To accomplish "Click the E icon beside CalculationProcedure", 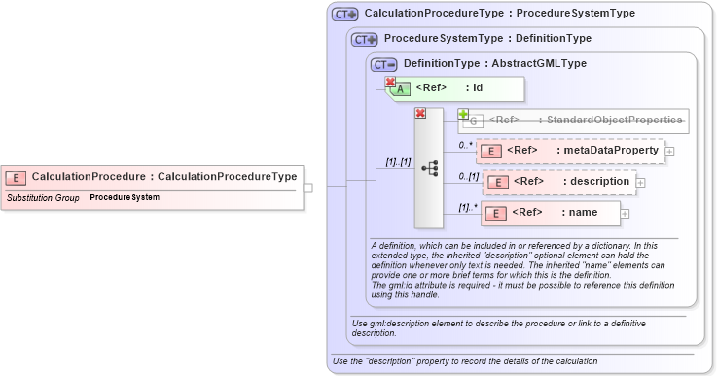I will click(16, 177).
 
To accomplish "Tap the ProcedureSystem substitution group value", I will click(125, 197).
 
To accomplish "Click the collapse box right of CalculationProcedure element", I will click(307, 188).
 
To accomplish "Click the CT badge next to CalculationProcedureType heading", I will click(345, 15).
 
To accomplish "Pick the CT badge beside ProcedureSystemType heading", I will click(365, 39).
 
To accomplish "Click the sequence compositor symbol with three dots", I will click(429, 168).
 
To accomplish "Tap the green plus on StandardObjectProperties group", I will click(463, 114).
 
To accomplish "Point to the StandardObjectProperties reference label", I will click(585, 120).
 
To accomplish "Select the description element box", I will click(559, 182).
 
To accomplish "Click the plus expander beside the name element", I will click(625, 214).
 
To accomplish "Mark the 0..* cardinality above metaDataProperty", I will click(466, 144).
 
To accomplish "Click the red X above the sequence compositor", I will click(421, 114).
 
